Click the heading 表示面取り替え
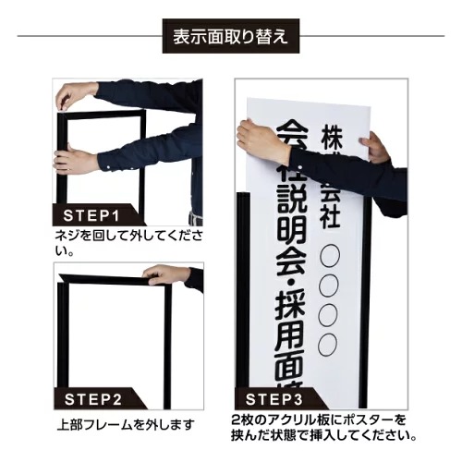pyautogui.click(x=231, y=36)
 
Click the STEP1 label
pyautogui.click(x=91, y=215)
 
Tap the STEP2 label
pyautogui.click(x=93, y=399)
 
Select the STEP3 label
pyautogui.click(x=274, y=399)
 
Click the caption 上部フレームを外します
pyautogui.click(x=126, y=425)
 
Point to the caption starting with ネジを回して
pyautogui.click(x=128, y=243)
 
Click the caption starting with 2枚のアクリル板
pyautogui.click(x=323, y=428)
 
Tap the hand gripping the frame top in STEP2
pyautogui.click(x=166, y=274)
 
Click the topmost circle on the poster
pyautogui.click(x=330, y=256)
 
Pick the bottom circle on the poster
pyautogui.click(x=327, y=345)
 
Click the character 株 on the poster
pyautogui.click(x=332, y=138)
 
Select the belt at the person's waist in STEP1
pyautogui.click(x=195, y=219)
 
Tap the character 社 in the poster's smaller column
pyautogui.click(x=330, y=216)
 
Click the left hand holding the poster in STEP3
pyautogui.click(x=262, y=142)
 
